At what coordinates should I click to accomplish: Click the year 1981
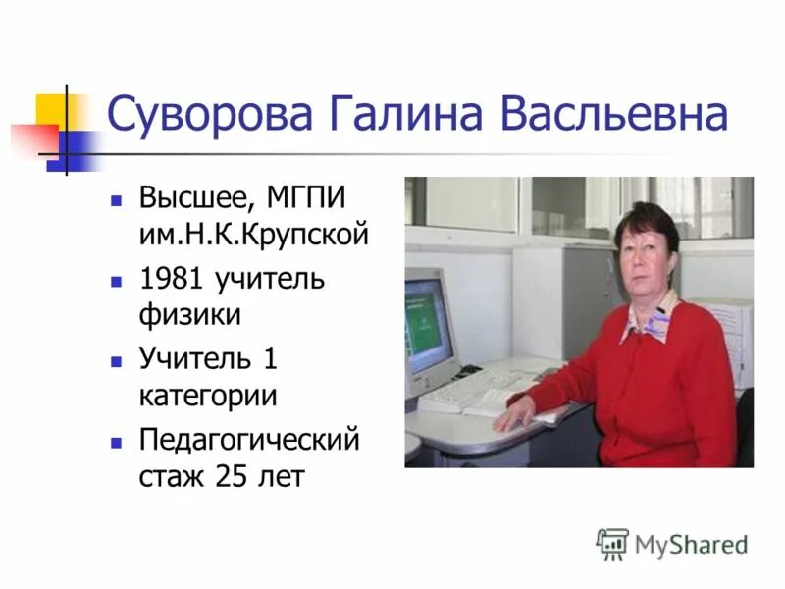point(171,279)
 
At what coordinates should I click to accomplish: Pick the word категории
point(207,397)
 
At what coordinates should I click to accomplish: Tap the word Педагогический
point(249,439)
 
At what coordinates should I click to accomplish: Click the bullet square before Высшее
point(116,199)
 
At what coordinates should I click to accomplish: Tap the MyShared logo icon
point(612,543)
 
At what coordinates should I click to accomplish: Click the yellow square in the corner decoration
point(52,109)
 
